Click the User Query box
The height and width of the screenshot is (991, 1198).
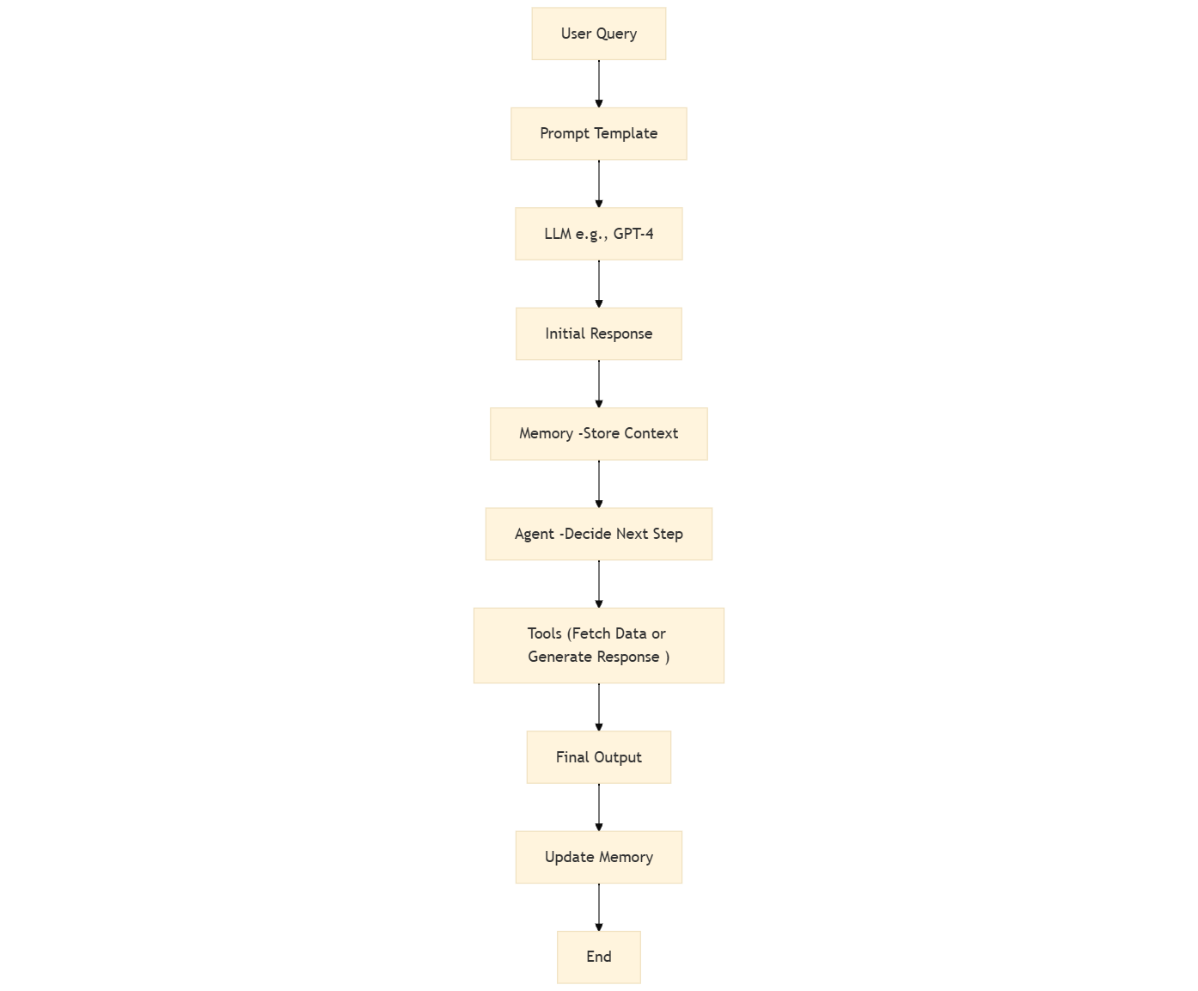(x=598, y=34)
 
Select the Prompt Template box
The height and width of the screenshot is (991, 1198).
(x=598, y=134)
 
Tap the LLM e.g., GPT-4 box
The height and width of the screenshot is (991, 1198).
(x=598, y=234)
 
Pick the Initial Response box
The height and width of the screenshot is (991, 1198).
(x=598, y=334)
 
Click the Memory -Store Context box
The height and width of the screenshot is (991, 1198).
(x=598, y=434)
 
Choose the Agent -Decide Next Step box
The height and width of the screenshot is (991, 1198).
(x=598, y=534)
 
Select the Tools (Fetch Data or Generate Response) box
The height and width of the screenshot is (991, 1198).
(x=598, y=645)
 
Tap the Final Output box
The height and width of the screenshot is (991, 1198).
(x=598, y=757)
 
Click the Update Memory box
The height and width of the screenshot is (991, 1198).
(x=598, y=857)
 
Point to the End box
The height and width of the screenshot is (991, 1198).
(x=598, y=957)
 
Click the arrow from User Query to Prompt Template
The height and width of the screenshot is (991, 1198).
(x=599, y=83)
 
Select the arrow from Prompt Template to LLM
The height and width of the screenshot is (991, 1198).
(x=599, y=184)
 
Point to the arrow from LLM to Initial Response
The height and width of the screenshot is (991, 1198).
(x=599, y=284)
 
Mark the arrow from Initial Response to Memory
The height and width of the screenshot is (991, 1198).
(x=599, y=384)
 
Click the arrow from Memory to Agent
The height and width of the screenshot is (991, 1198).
(x=599, y=484)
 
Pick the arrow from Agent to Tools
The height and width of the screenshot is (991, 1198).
(x=599, y=584)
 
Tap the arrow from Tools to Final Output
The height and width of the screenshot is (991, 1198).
(x=599, y=707)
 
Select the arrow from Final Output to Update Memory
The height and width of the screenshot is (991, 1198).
(x=599, y=807)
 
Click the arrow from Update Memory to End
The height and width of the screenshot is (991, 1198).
(x=599, y=908)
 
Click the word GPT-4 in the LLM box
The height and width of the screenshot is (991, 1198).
(x=633, y=234)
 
